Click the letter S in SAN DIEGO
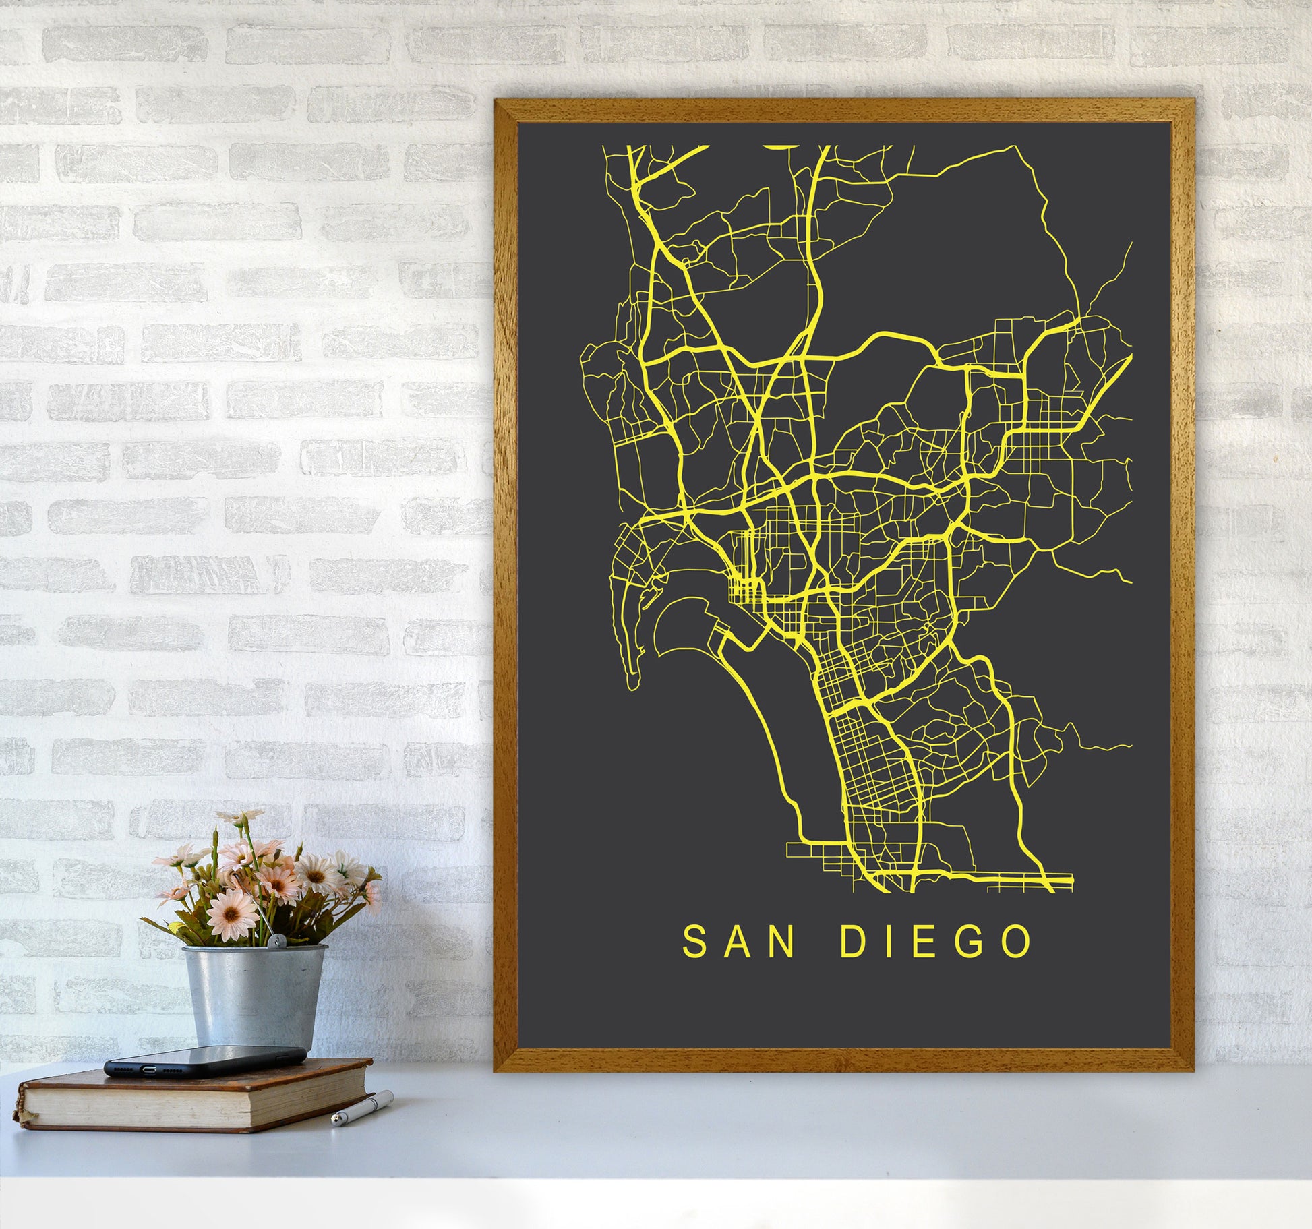(x=695, y=942)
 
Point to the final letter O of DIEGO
(x=1015, y=942)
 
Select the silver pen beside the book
(x=362, y=1109)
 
